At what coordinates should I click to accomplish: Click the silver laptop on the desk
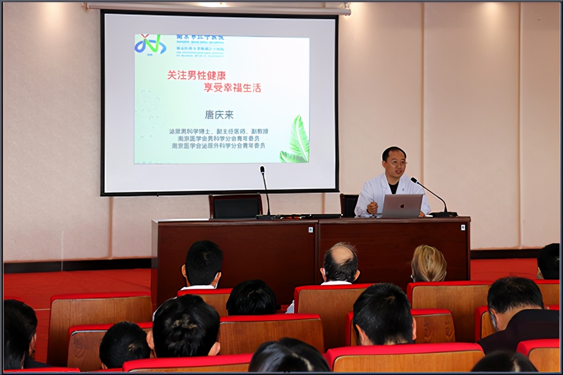click(x=402, y=206)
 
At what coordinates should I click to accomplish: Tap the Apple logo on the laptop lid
click(x=402, y=205)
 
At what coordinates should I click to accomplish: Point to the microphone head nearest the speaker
click(x=414, y=180)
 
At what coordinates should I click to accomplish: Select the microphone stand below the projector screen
click(x=266, y=192)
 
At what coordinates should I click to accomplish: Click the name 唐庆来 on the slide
click(x=219, y=114)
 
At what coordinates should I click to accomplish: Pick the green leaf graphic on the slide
click(x=297, y=141)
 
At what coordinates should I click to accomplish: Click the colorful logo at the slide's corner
click(x=150, y=45)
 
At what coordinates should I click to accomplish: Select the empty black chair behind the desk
click(x=235, y=206)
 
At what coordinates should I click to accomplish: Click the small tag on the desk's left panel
click(x=311, y=229)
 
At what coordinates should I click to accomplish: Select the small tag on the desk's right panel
click(x=463, y=227)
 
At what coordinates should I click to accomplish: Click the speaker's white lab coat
click(x=375, y=192)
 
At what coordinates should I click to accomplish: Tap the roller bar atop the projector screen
click(x=218, y=8)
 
